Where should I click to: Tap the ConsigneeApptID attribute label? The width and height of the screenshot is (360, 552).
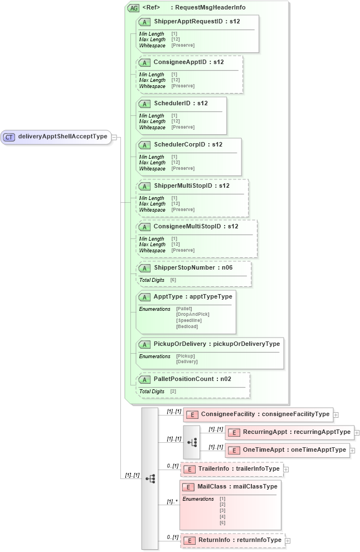(188, 62)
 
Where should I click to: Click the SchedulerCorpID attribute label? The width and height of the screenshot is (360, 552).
(188, 144)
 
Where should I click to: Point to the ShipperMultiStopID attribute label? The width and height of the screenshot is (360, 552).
(191, 185)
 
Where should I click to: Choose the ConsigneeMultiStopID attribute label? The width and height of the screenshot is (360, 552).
(196, 227)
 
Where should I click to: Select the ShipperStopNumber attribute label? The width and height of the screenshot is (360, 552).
(193, 267)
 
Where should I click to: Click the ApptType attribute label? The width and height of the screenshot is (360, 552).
(193, 296)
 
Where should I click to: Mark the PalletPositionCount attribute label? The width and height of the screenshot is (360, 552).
(192, 379)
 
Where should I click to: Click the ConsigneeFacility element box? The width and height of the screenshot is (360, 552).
(259, 414)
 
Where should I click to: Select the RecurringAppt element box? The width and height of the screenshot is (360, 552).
(289, 432)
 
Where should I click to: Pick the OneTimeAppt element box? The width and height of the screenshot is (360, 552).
(286, 450)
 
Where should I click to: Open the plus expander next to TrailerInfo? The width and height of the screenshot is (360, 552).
(286, 469)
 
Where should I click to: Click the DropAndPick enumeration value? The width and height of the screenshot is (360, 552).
(192, 314)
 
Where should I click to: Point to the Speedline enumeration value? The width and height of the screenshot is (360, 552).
(189, 320)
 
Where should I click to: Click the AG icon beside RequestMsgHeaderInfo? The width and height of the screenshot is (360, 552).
(133, 8)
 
